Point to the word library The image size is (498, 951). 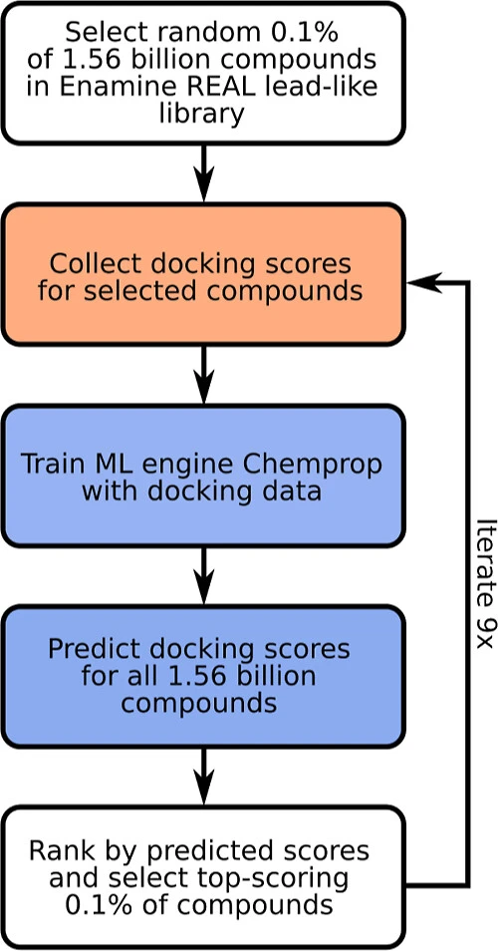[202, 113]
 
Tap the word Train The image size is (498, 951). [51, 464]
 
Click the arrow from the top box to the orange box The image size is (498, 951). [203, 173]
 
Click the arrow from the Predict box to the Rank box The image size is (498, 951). [203, 777]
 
